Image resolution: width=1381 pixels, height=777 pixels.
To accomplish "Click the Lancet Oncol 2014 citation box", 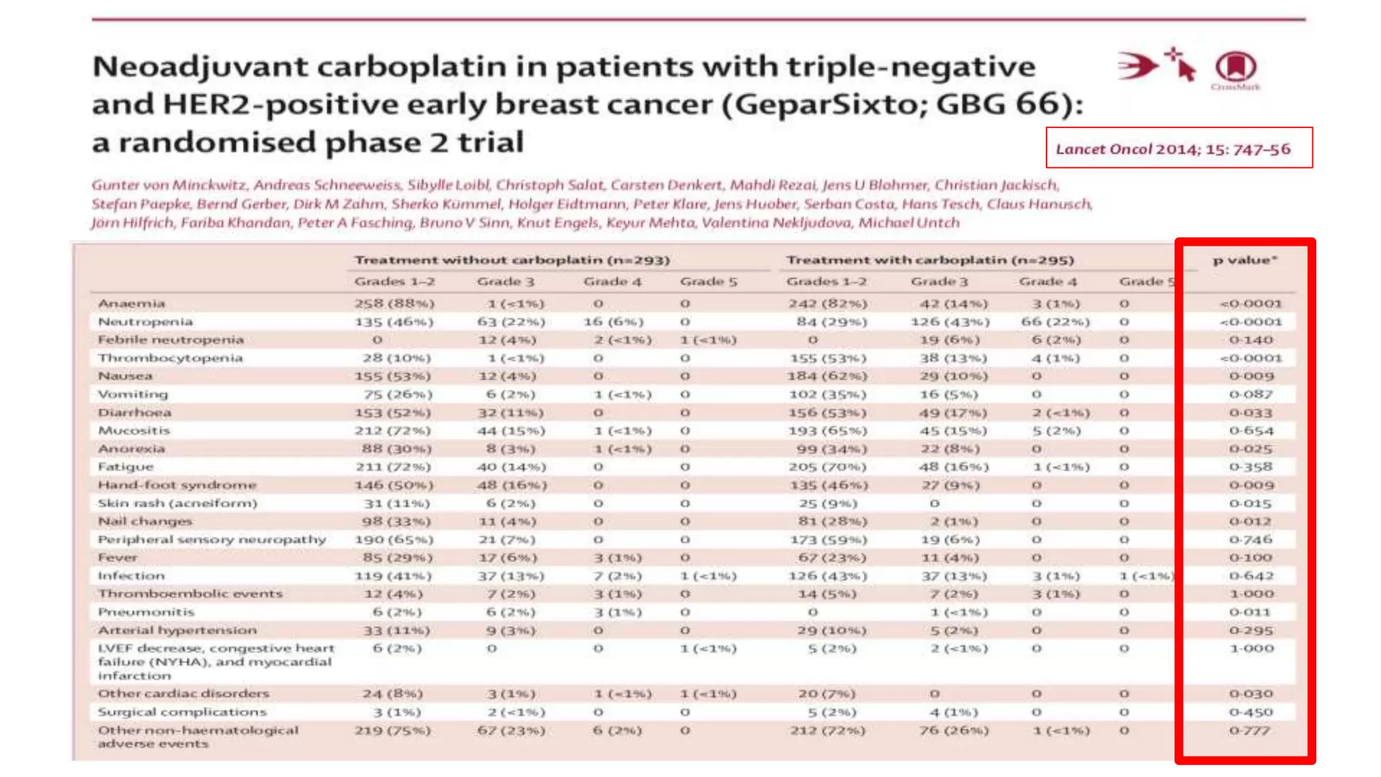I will click(x=1178, y=148).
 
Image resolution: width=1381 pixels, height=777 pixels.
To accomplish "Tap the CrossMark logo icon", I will click(x=1235, y=67).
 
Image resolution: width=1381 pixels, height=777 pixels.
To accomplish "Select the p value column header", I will click(x=1244, y=260).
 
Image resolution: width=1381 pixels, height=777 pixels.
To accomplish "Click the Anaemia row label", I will click(x=131, y=304).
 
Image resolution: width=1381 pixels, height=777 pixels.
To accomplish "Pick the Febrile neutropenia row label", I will click(x=171, y=340).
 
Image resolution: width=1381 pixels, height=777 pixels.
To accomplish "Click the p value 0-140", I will click(x=1250, y=340).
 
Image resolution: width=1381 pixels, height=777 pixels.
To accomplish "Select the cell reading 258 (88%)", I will click(x=394, y=304).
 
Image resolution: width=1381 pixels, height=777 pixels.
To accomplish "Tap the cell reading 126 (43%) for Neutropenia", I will click(x=949, y=322).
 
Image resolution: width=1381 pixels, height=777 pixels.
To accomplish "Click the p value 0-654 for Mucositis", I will click(x=1251, y=430).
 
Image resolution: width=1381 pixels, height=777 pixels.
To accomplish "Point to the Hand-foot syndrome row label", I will click(x=177, y=485).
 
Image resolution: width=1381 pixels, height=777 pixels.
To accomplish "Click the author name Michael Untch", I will click(x=908, y=223).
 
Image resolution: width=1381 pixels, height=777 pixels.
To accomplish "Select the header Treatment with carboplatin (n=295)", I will click(x=930, y=260).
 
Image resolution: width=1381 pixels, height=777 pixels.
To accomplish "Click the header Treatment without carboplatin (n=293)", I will click(x=512, y=260).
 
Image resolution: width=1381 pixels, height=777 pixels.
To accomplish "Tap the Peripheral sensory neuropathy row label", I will click(x=212, y=540).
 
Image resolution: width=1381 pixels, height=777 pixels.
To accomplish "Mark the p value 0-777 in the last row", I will click(x=1249, y=730).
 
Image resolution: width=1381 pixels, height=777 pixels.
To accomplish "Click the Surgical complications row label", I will click(x=182, y=712).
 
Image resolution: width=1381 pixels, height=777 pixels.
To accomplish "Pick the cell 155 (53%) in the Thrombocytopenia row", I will click(x=827, y=358).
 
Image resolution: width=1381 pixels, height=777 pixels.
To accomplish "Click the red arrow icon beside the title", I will click(x=1137, y=66).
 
